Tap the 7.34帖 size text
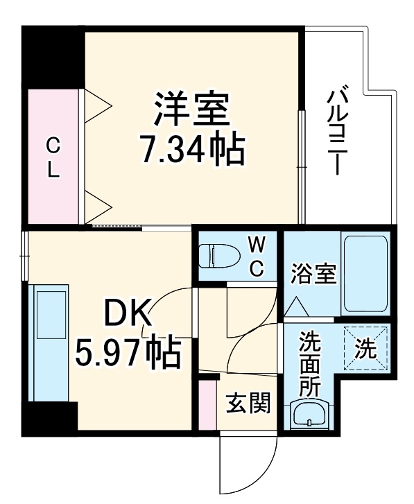click(x=192, y=150)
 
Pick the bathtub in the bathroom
click(x=365, y=273)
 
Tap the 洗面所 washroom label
click(x=309, y=363)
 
